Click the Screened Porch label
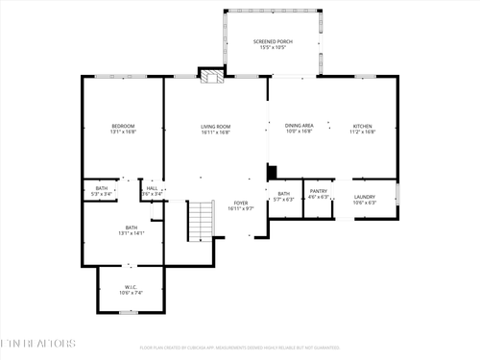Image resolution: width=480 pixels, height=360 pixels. (273, 42)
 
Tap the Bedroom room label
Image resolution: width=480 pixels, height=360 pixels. (123, 126)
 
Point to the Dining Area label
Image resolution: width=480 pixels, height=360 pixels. (300, 126)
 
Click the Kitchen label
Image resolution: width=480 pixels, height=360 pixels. (363, 126)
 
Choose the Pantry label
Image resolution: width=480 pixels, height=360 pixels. (319, 191)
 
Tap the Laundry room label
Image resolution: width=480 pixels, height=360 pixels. (364, 197)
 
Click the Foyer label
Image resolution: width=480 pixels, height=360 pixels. (240, 204)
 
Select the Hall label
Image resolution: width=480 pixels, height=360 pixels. (152, 188)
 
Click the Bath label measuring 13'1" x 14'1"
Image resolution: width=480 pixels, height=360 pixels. (132, 228)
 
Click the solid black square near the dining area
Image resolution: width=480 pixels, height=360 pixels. (273, 173)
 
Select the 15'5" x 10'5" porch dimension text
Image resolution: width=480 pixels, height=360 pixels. (273, 47)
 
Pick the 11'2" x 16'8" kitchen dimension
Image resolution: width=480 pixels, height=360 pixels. (363, 132)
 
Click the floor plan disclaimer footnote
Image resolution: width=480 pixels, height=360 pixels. (240, 348)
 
